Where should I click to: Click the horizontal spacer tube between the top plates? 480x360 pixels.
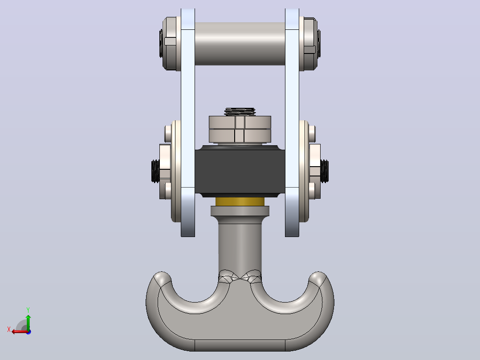(240, 44)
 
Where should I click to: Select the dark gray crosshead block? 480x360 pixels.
(240, 172)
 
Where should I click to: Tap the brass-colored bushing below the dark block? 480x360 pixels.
(240, 201)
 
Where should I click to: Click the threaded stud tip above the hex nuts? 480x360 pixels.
(240, 111)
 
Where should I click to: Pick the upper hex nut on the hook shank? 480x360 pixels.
(240, 122)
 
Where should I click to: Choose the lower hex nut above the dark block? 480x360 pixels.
(240, 136)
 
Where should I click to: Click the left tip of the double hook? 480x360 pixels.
(162, 277)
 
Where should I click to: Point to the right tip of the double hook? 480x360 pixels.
(318, 277)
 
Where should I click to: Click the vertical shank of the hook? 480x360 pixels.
(240, 245)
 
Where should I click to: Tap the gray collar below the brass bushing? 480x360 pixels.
(240, 211)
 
